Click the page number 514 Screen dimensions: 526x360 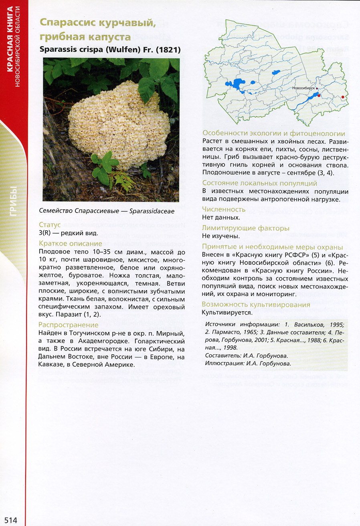click(11, 520)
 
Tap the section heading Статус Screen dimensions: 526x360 click(50, 225)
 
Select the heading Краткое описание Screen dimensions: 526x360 click(71, 244)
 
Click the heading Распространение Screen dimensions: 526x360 click(69, 325)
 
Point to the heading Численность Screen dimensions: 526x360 click(224, 209)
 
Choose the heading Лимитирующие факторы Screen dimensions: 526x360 click(246, 228)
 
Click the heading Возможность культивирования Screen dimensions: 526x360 click(256, 304)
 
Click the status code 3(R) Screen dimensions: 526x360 click(46, 232)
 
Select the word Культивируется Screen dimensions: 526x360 click(227, 313)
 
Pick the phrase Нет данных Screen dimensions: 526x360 click(221, 217)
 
